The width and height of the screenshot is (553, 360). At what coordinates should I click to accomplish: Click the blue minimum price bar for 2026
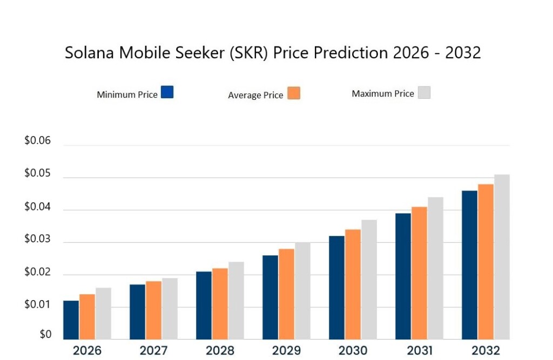pos(71,320)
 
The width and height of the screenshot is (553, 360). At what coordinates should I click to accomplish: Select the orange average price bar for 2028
pos(220,304)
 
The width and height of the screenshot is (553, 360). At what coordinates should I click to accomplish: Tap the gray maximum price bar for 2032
pos(502,257)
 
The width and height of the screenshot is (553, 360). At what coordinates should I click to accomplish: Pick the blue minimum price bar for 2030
pos(337,288)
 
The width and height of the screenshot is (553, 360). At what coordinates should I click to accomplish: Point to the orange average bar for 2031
pos(419,273)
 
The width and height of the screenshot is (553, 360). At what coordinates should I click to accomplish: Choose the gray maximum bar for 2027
pos(170,309)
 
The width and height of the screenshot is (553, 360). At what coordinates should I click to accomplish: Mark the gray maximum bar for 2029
pos(302,291)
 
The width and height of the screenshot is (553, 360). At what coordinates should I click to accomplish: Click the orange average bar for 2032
pos(485,262)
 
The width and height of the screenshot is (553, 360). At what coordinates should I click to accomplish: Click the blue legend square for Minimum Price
pos(167,92)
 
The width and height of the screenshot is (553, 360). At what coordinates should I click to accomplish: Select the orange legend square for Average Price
pos(294,93)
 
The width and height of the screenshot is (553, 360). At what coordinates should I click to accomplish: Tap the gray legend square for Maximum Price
pos(424,92)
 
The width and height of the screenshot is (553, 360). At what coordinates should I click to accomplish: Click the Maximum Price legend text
pos(383,94)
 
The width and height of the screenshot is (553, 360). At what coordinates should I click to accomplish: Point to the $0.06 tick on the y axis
pos(37,141)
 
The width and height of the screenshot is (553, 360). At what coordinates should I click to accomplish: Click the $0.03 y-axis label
pos(37,239)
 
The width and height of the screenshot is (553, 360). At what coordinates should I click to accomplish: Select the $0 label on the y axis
pos(45,334)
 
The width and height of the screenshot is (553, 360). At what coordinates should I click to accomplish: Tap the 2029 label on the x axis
pos(286,350)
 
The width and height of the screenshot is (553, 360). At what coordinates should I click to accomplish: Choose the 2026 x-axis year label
pos(87,350)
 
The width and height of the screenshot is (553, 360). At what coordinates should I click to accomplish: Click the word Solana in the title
pos(90,53)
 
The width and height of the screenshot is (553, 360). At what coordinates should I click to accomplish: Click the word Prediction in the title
pos(351,53)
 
